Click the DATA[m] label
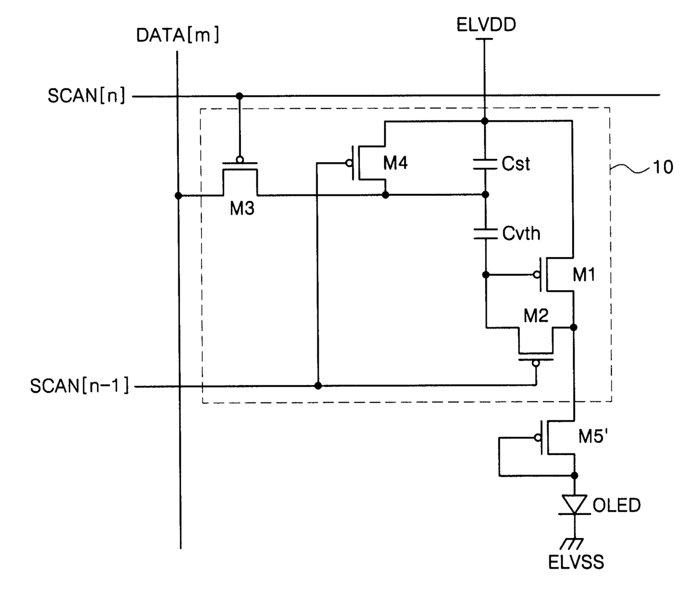(178, 35)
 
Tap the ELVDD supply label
(486, 25)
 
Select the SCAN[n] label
(87, 96)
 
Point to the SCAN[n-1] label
(79, 385)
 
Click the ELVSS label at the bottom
(576, 562)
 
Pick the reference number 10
(663, 167)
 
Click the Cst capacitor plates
(485, 164)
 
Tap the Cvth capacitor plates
(485, 234)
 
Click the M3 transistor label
(242, 208)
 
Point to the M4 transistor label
(395, 163)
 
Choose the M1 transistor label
(583, 275)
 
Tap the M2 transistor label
(536, 316)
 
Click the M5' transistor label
(593, 436)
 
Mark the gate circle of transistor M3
(240, 159)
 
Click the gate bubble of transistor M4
(349, 163)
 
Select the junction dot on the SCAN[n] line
(239, 96)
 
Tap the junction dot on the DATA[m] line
(178, 196)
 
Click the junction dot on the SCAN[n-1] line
(317, 385)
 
